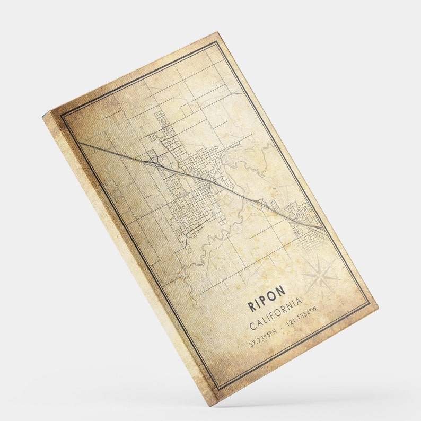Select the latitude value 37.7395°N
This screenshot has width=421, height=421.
(263, 338)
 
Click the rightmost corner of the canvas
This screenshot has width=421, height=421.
(378, 306)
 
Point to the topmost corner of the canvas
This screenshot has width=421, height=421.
(218, 32)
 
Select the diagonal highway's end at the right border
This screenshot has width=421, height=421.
(322, 228)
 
